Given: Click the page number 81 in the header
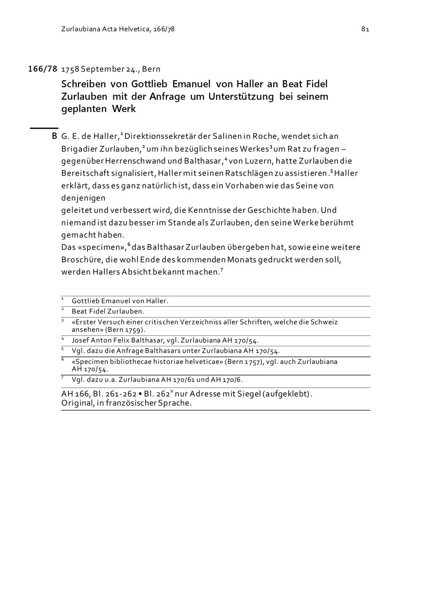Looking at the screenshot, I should click(x=365, y=29).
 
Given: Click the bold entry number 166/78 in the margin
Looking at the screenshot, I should click(x=43, y=69).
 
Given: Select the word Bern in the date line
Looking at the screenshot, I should click(x=151, y=69).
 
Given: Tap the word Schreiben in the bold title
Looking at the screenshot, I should click(x=84, y=84).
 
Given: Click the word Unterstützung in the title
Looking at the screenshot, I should click(x=241, y=96).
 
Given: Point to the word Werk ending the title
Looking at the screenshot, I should click(x=124, y=109).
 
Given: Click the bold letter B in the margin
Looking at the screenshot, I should click(x=54, y=136).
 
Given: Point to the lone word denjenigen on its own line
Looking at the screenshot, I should click(x=83, y=198).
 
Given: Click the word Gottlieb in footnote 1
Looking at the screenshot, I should click(x=85, y=301).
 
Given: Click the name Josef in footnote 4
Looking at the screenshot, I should click(x=80, y=340).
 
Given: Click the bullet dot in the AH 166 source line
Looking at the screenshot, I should click(x=140, y=394).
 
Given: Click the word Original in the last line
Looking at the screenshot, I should click(x=76, y=404).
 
